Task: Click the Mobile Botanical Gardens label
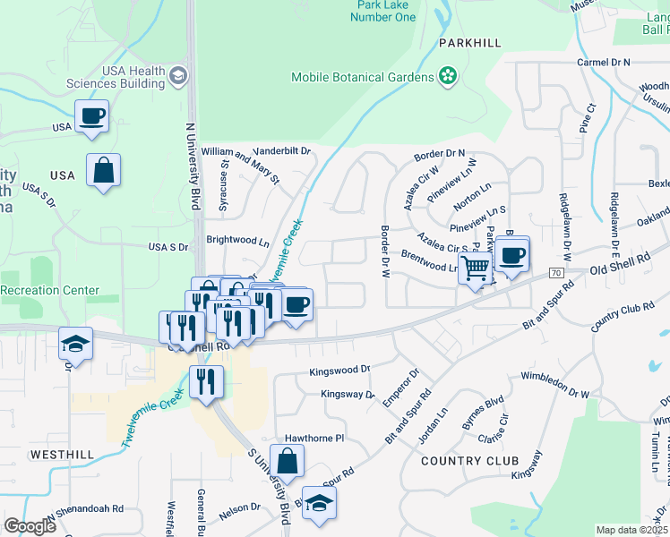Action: click(362, 77)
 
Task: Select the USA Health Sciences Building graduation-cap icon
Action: click(179, 77)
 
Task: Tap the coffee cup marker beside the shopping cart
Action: click(512, 256)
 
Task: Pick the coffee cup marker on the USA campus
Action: click(92, 116)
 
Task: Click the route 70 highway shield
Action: click(556, 272)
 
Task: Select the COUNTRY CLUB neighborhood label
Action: click(469, 461)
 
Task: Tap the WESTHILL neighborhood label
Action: click(62, 455)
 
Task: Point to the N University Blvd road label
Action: click(191, 165)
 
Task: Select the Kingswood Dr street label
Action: click(339, 370)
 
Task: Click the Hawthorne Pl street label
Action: click(314, 439)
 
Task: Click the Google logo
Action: click(30, 526)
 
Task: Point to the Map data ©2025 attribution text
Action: click(631, 530)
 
